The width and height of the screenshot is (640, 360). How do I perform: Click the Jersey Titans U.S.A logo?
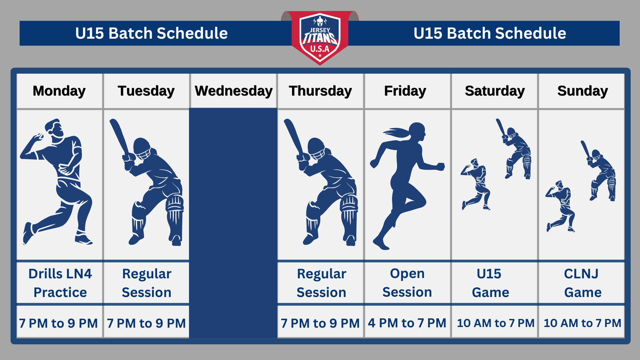click(320, 38)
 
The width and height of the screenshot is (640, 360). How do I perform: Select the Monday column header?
click(59, 91)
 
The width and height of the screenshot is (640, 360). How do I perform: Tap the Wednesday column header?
click(233, 91)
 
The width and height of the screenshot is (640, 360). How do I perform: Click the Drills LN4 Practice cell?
click(60, 283)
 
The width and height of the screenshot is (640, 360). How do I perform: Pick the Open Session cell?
click(407, 283)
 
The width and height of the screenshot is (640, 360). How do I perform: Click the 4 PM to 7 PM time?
click(407, 323)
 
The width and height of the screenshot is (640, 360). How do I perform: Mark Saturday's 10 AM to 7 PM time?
click(495, 323)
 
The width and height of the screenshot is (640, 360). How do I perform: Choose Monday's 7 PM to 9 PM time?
click(59, 323)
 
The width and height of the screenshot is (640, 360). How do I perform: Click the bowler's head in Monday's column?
click(54, 128)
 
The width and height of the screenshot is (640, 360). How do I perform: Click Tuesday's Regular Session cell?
click(147, 283)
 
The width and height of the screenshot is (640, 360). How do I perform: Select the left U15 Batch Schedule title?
click(152, 33)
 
